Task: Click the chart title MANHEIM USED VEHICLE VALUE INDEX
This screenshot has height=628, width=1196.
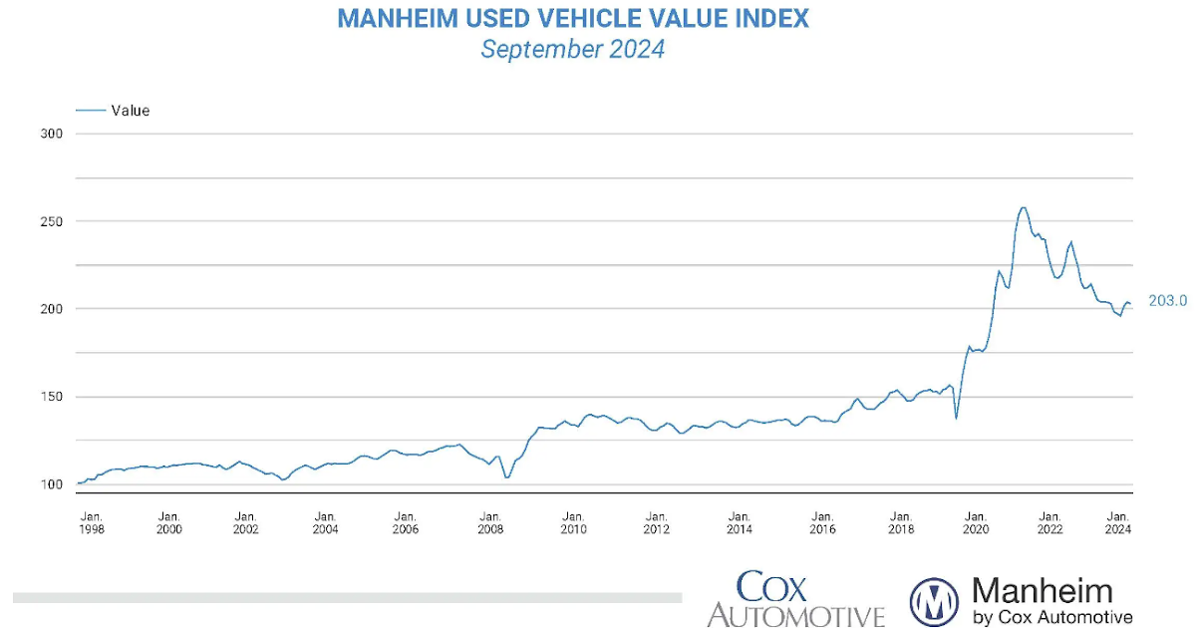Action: [x=572, y=19]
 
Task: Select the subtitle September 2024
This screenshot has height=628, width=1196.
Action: [x=572, y=49]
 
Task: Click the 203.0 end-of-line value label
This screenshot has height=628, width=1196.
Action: [x=1167, y=300]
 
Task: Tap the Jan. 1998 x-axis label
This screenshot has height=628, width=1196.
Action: [x=91, y=522]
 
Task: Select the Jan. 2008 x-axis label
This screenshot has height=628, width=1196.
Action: [x=489, y=522]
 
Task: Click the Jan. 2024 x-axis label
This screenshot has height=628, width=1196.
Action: [x=1118, y=522]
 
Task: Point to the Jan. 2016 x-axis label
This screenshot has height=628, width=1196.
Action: [x=822, y=522]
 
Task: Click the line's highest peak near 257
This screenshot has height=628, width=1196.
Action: [x=1023, y=207]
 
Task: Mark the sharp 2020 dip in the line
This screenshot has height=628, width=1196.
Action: [x=956, y=418]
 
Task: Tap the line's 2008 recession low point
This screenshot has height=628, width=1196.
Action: [x=507, y=477]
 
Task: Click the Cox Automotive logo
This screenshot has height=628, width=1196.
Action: [x=795, y=599]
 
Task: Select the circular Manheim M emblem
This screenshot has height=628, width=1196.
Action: [x=934, y=601]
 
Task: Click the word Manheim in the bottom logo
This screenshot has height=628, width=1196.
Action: [x=1042, y=591]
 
